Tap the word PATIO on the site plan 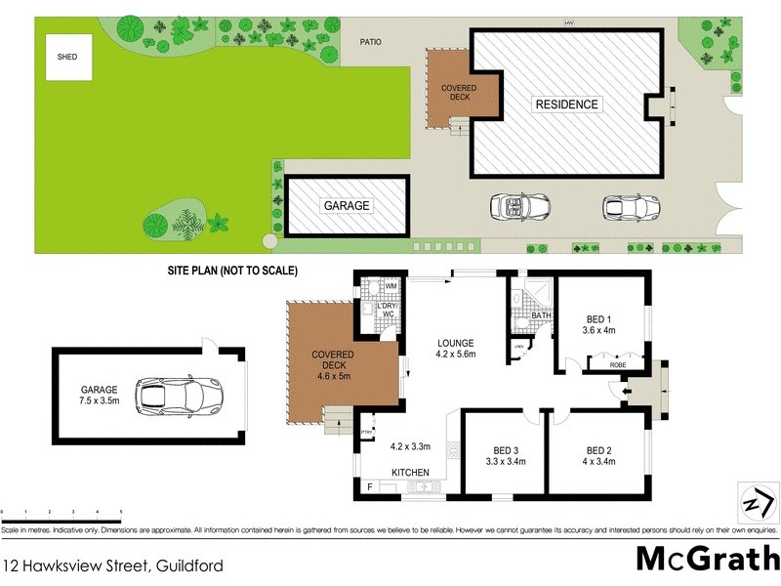[x=369, y=42]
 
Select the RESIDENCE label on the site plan [x=565, y=104]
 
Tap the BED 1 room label [x=599, y=325]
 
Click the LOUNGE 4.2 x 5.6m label [x=455, y=349]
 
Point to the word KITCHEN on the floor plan [x=411, y=473]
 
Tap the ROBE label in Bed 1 [x=617, y=364]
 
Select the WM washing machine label [x=390, y=286]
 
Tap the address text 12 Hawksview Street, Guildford [x=113, y=565]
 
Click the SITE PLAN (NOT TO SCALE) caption [x=232, y=270]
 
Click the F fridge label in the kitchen [x=369, y=485]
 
